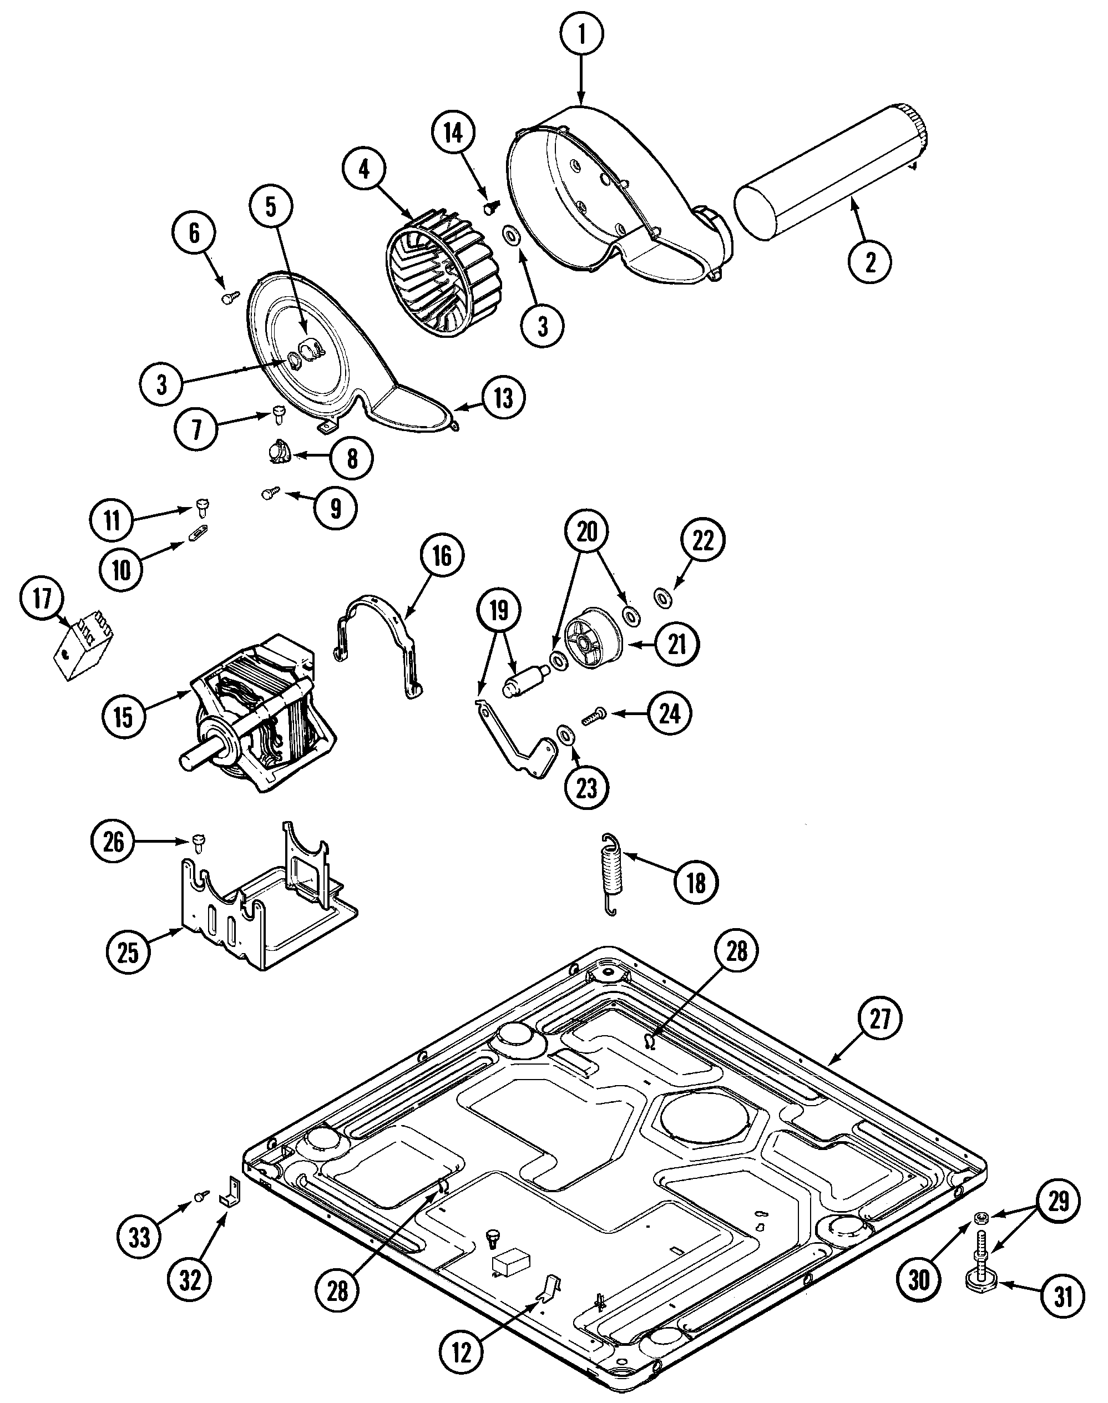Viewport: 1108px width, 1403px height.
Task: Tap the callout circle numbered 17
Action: tap(42, 598)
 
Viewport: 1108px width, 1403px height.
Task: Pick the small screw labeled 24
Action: tap(594, 716)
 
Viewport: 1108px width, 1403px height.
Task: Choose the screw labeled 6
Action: tap(230, 298)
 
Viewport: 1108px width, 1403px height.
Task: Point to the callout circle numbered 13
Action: tap(503, 398)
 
